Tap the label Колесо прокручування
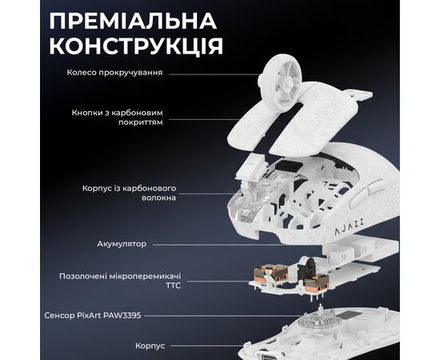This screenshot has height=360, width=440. point(115,72)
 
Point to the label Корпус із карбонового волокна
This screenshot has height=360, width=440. point(129,193)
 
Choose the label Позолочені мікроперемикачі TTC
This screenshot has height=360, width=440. point(114,280)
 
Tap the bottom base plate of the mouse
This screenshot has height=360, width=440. point(320,336)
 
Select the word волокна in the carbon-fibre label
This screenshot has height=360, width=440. point(159,198)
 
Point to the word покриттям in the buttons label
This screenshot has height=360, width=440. point(143,124)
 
